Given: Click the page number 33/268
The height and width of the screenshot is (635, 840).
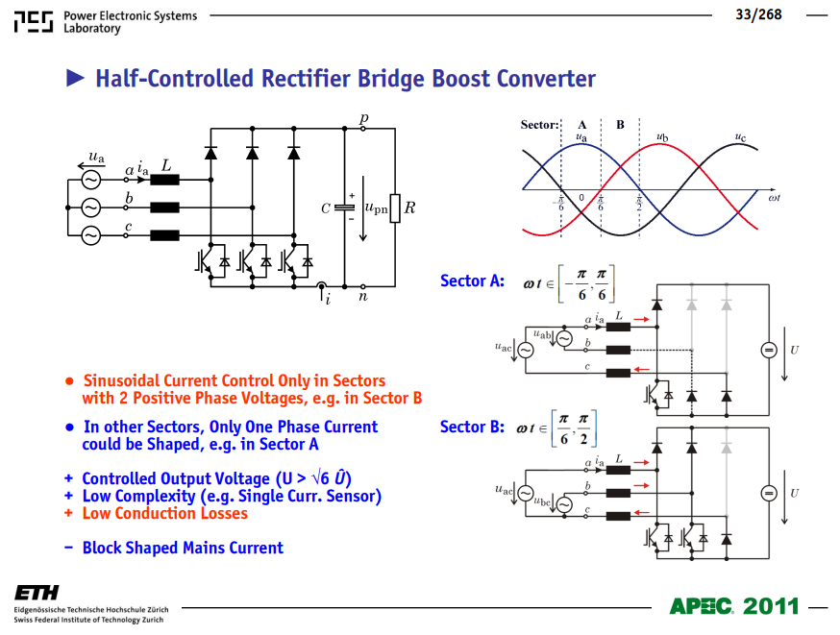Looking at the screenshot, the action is click(758, 14).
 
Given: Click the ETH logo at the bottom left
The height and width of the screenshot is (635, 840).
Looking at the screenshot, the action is click(37, 593).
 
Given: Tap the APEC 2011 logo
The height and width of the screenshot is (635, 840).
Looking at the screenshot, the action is click(734, 606).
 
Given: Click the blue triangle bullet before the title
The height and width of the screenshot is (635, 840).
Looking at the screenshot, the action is click(75, 78).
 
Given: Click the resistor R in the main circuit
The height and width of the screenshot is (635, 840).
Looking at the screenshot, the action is click(395, 208).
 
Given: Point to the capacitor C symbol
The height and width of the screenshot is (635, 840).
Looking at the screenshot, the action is click(344, 208).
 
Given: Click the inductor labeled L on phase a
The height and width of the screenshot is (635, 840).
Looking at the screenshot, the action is click(164, 180).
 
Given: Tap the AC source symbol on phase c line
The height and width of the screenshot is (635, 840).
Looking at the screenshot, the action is click(91, 235).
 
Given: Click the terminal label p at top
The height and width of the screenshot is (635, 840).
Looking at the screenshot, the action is click(364, 118).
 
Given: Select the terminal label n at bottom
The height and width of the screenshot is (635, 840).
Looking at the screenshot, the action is click(363, 296).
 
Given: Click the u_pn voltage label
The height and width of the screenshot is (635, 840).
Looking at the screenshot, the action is click(376, 208).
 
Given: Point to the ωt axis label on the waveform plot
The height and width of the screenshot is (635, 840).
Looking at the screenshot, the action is click(774, 198).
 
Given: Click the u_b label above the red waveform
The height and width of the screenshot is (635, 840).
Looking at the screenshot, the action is click(663, 137).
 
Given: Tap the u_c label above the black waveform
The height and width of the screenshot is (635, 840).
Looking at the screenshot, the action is click(740, 137).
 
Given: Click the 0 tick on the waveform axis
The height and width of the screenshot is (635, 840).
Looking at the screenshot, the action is click(581, 198).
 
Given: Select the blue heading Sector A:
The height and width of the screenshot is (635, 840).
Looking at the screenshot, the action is click(472, 281).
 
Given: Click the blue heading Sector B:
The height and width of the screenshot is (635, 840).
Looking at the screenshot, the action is click(472, 427).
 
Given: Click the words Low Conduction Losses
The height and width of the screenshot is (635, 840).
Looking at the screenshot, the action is click(165, 513).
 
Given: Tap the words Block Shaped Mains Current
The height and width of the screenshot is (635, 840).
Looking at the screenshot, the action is click(183, 548).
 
